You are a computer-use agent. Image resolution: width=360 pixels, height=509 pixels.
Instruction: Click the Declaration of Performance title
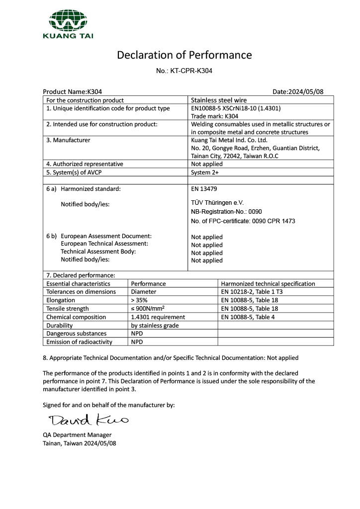184,55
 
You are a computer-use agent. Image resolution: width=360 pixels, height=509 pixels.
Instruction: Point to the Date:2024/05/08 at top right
298,92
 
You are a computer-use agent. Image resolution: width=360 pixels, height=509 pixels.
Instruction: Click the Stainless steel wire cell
219,100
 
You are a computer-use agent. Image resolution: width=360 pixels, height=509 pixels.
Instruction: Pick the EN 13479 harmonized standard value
204,189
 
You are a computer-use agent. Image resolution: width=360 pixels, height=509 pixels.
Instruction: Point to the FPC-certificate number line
243,221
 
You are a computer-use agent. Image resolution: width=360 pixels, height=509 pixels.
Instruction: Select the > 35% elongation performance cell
139,300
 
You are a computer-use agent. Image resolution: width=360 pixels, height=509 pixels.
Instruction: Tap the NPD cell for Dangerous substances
137,334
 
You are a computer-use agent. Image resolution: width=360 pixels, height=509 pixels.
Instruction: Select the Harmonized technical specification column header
268,283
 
